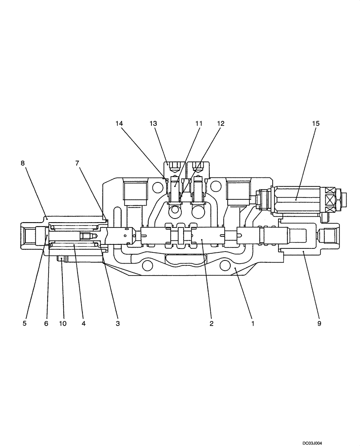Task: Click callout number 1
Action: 253,323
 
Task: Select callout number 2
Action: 212,323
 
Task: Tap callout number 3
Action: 117,323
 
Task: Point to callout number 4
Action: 83,323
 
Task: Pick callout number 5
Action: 25,323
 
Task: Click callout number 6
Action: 46,323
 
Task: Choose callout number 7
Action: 78,163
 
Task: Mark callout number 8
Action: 23,163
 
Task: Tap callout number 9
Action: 319,323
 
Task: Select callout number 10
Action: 63,323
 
